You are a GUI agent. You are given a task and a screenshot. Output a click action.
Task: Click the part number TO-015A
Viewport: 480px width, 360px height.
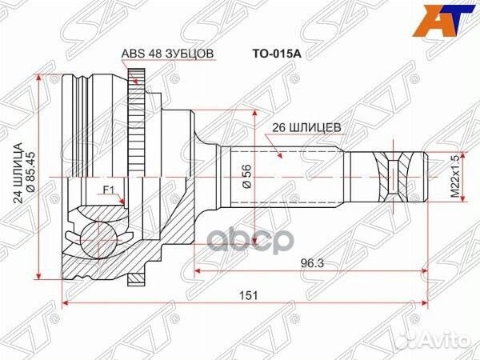(x=277, y=54)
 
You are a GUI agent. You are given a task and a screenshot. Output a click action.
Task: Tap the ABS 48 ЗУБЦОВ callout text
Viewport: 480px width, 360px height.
(x=167, y=54)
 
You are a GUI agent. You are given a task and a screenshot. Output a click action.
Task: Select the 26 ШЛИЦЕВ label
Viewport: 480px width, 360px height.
(x=306, y=127)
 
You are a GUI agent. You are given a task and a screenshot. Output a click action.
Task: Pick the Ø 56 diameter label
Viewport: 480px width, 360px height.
(x=246, y=176)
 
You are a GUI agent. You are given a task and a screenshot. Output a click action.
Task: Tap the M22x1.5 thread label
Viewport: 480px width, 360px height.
(x=455, y=177)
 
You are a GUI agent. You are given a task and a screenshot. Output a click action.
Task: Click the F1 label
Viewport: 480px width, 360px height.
(x=109, y=190)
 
